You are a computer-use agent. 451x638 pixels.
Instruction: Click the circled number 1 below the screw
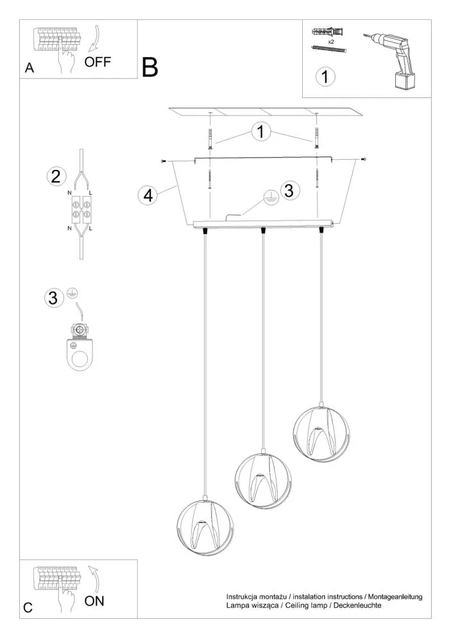point(326,77)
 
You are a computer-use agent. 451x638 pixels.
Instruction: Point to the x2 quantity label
point(330,40)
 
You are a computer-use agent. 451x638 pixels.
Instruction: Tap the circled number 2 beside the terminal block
point(56,176)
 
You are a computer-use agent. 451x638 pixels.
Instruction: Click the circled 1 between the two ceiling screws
point(260,132)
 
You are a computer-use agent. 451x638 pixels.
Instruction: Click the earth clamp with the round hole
point(81,350)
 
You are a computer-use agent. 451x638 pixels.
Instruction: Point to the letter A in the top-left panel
point(29,69)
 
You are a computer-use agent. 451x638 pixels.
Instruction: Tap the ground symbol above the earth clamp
point(72,293)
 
